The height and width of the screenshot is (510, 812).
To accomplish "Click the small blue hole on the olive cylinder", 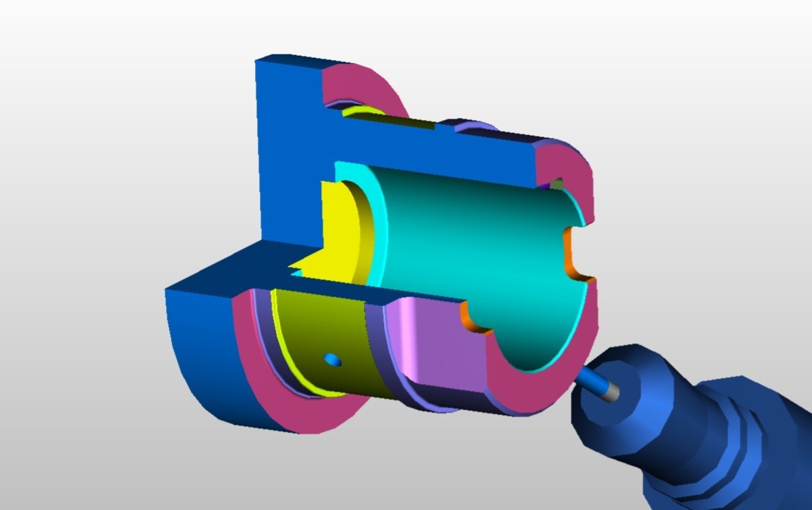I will coord(332,359).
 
